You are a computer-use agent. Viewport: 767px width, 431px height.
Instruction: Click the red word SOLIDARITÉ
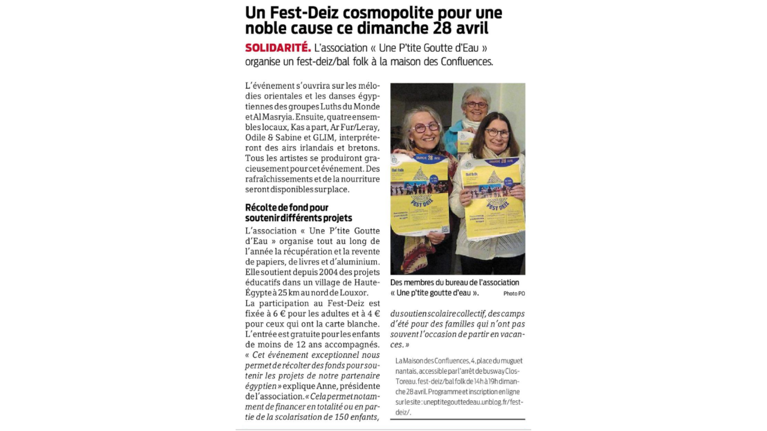point(278,48)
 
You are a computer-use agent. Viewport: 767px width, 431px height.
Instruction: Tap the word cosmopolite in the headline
point(379,13)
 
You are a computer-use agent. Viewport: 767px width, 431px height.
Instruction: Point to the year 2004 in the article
point(329,272)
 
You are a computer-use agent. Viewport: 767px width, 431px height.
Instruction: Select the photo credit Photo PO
point(514,294)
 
